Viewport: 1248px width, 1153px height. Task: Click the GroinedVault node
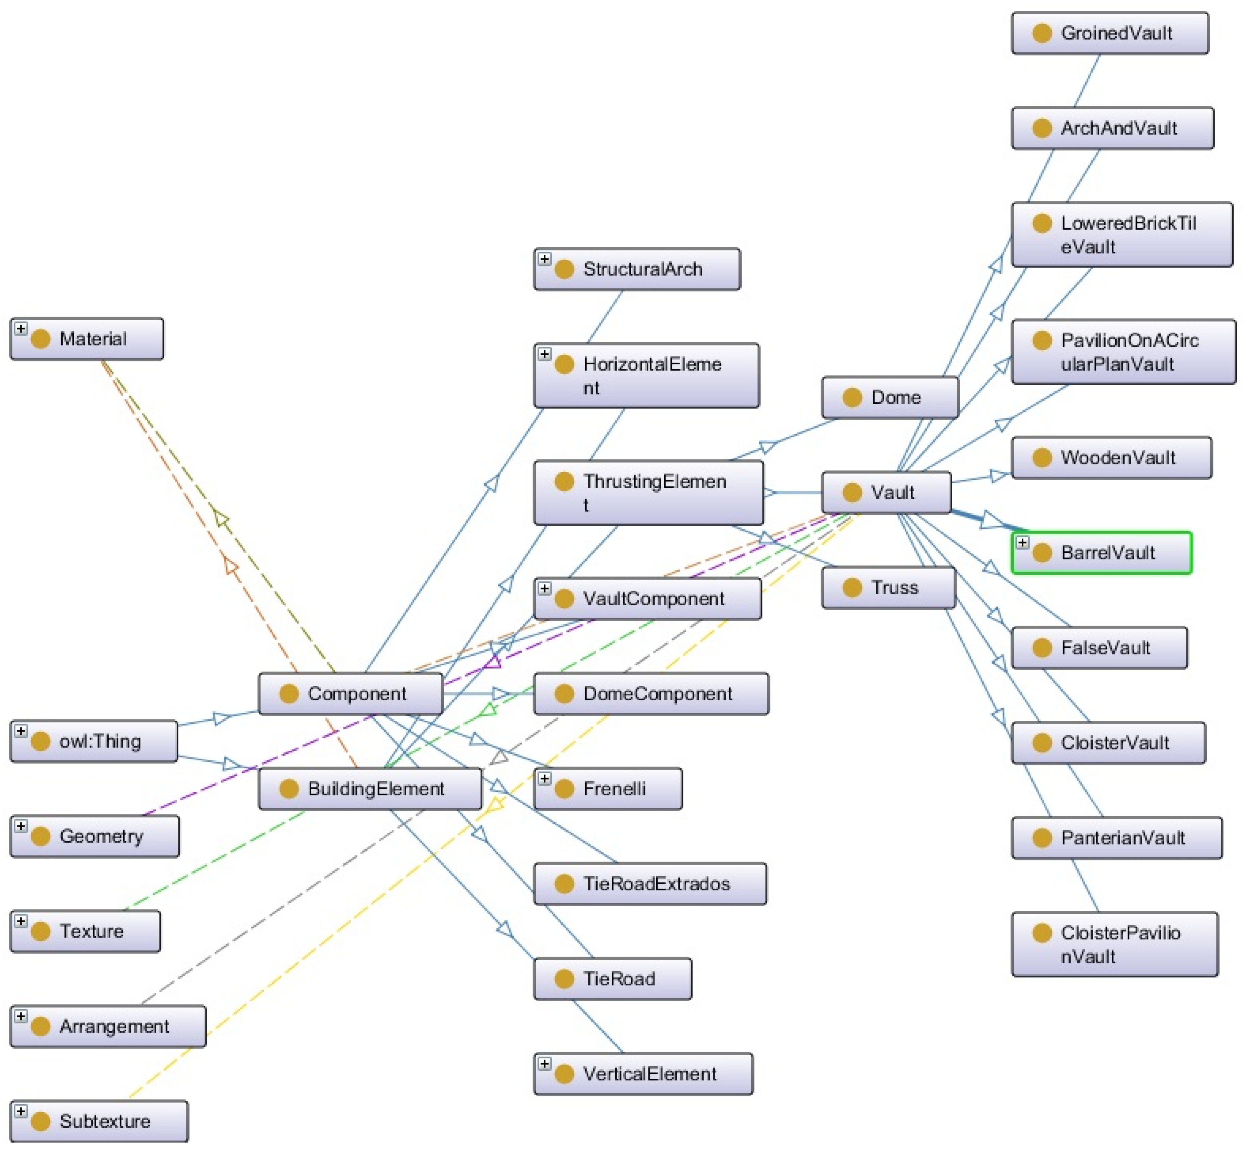click(1110, 33)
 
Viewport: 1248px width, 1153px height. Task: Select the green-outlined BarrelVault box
click(1101, 553)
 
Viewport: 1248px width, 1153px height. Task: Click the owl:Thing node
click(94, 741)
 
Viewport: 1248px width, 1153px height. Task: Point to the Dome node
click(890, 397)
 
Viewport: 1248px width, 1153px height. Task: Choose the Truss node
click(888, 588)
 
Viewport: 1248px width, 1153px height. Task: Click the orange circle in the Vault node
click(852, 493)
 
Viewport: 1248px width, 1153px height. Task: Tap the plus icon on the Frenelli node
click(545, 779)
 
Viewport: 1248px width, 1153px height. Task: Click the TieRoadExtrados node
click(650, 884)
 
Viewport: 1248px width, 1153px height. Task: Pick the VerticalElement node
click(643, 1074)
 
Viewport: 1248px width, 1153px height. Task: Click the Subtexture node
click(98, 1122)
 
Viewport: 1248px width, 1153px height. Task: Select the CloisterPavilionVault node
click(1115, 945)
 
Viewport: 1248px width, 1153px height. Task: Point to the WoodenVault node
click(1111, 458)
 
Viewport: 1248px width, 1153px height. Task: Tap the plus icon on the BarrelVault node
click(1022, 543)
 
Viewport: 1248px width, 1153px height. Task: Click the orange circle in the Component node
click(289, 694)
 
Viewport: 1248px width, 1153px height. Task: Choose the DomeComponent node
click(651, 694)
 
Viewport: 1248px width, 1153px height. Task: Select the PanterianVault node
click(1116, 838)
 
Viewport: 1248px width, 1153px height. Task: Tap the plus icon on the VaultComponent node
click(545, 588)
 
